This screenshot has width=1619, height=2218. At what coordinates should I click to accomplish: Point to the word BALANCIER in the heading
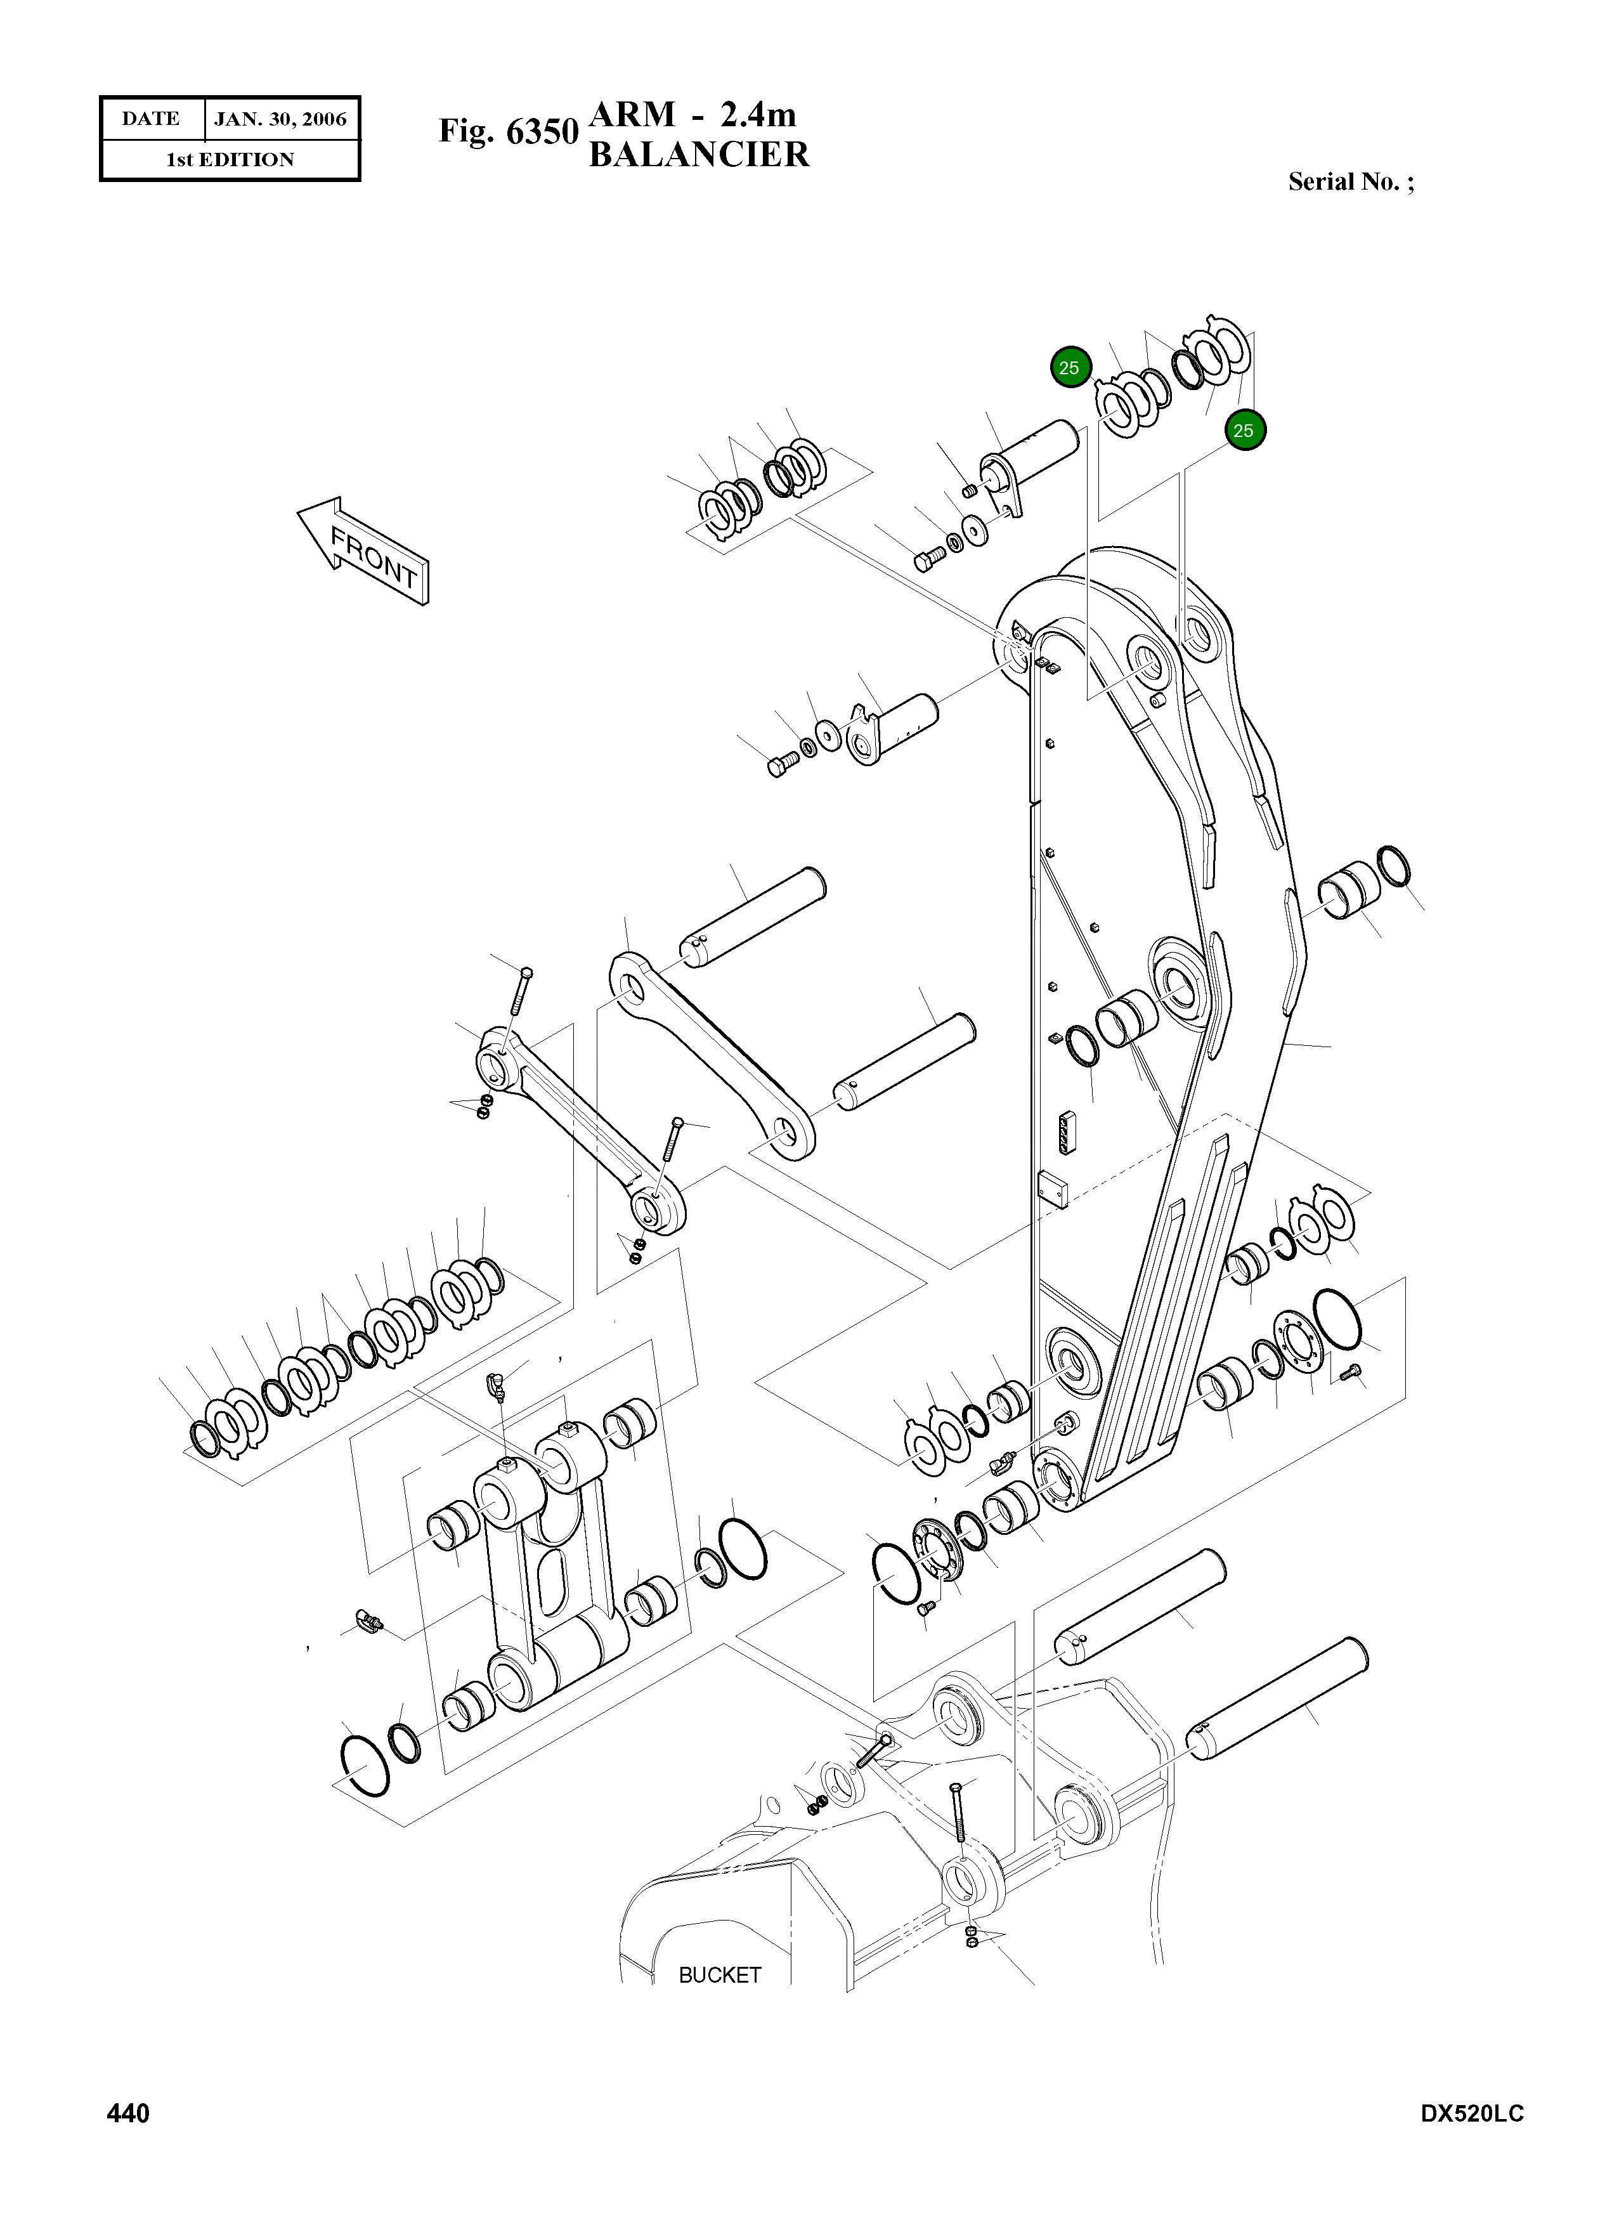click(699, 155)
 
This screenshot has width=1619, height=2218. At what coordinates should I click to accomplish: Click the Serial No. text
click(1351, 181)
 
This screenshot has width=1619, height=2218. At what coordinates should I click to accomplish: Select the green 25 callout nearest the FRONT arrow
click(1068, 367)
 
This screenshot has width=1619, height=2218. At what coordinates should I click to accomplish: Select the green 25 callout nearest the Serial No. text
click(1243, 430)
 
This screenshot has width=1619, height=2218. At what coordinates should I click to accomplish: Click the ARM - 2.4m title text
click(692, 115)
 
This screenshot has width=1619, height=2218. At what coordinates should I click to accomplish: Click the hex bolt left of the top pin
click(928, 559)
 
